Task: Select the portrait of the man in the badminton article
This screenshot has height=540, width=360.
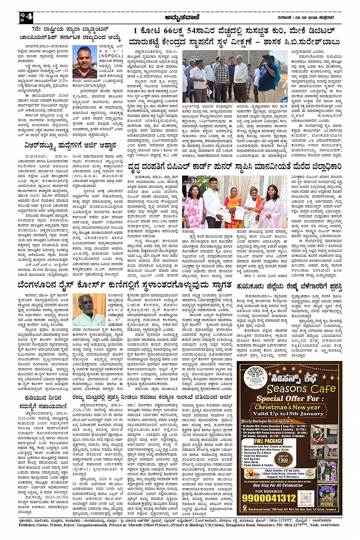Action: click(85, 62)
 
